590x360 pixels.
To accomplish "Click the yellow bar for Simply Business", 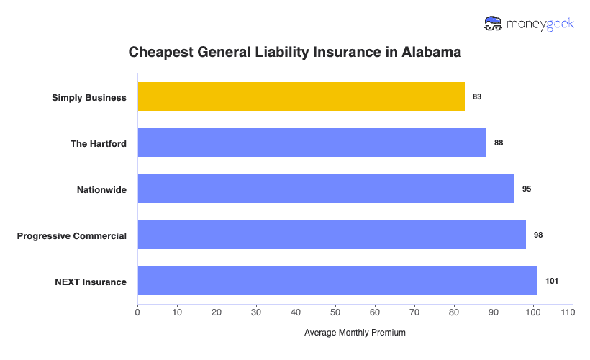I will [x=301, y=96].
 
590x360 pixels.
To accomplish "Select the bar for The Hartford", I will [x=312, y=143].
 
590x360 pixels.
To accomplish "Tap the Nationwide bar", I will [x=326, y=189].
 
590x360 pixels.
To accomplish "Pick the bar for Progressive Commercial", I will [x=332, y=235].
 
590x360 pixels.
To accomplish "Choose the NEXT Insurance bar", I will [x=337, y=281].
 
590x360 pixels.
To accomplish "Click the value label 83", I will [x=477, y=96].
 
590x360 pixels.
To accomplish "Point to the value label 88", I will [x=499, y=143].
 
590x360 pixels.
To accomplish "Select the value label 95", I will [x=527, y=189].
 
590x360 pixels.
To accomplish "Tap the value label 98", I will [x=538, y=235].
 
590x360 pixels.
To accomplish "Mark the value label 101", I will [x=552, y=281].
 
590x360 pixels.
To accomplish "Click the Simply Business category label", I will [x=89, y=97].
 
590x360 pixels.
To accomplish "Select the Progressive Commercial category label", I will [x=72, y=235].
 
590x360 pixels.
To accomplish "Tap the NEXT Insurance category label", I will [x=91, y=282].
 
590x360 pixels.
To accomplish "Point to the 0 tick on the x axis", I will [x=137, y=312].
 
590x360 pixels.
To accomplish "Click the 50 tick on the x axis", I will [x=335, y=312].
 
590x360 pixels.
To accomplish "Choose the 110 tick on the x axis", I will [x=572, y=312].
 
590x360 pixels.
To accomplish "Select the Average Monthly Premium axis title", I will [x=355, y=333].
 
